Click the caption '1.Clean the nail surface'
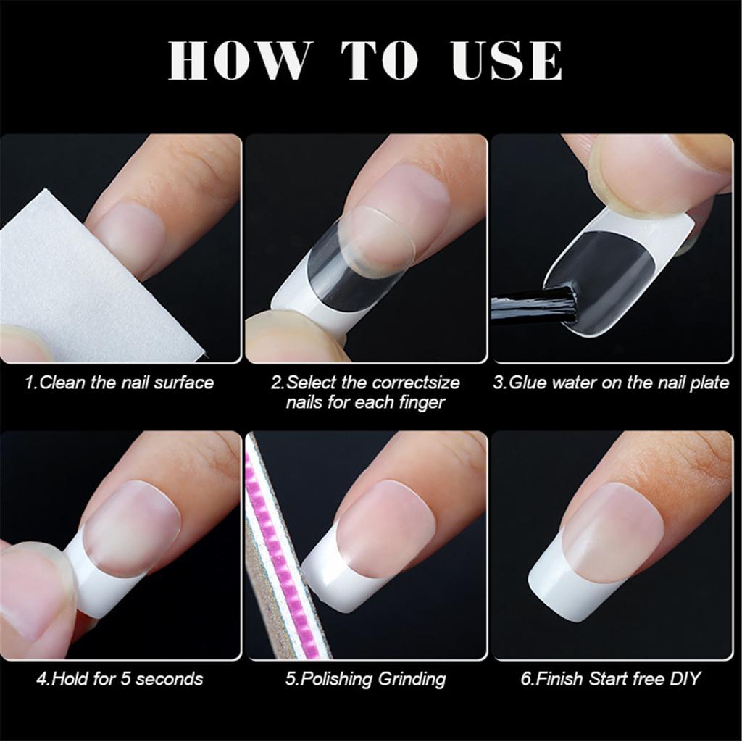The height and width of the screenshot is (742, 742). (120, 382)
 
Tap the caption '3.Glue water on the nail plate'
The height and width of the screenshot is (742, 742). (611, 382)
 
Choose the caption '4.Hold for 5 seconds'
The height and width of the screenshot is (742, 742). (120, 679)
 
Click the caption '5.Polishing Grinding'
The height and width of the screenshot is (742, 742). (365, 679)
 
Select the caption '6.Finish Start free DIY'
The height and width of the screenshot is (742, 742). (611, 679)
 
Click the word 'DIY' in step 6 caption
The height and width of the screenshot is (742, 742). (685, 679)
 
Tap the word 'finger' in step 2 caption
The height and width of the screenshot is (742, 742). (419, 401)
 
